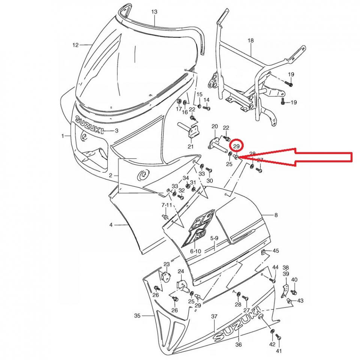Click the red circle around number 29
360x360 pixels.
[x=236, y=145]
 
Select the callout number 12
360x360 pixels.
[x=75, y=45]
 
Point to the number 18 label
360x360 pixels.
[x=251, y=40]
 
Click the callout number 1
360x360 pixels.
[x=63, y=136]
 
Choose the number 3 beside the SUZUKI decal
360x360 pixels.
[x=117, y=131]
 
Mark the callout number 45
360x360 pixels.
[x=276, y=250]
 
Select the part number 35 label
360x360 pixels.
[x=137, y=316]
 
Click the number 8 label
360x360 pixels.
[x=276, y=215]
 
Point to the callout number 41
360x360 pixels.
[x=278, y=351]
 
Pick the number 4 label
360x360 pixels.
[x=111, y=225]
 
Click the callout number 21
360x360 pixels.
[x=190, y=146]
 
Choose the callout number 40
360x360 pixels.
[x=294, y=280]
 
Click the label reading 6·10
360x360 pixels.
[x=195, y=251]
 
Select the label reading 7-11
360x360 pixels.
[x=166, y=205]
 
